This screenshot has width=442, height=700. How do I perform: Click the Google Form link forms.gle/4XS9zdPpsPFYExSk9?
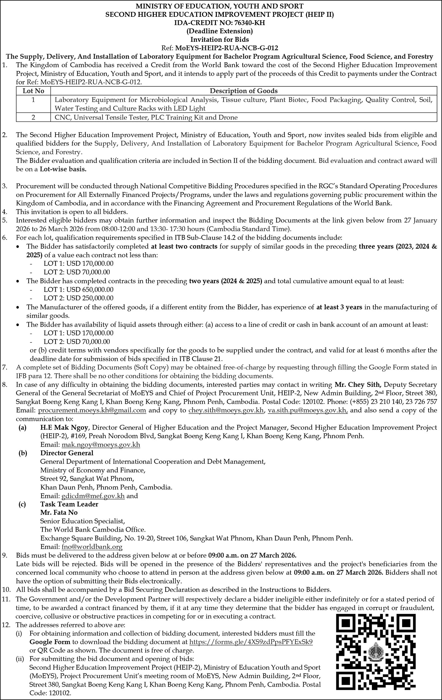point(251,642)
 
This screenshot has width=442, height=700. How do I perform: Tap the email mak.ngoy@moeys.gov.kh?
point(101,445)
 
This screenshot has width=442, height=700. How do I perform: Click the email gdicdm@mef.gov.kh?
point(93,496)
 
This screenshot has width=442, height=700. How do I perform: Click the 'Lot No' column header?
point(33,91)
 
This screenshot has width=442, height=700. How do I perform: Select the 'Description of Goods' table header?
point(243,91)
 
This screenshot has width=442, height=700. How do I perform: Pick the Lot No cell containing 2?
point(33,117)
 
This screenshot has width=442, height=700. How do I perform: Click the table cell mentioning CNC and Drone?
point(146,117)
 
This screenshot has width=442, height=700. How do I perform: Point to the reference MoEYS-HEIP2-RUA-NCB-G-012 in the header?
point(226,48)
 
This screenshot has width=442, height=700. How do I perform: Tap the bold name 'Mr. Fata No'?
point(59,512)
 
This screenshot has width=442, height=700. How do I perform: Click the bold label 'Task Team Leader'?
point(69,504)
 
